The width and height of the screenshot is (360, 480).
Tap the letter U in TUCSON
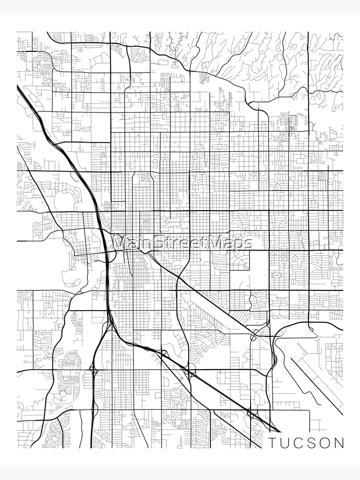point(286,442)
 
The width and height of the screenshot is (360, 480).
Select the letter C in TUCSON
point(300,442)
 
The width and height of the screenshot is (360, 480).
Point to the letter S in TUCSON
point(313,442)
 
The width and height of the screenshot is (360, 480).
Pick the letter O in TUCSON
point(326,442)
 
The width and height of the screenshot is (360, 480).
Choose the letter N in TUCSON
point(340,442)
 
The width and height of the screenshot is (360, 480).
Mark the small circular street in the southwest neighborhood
point(63,393)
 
